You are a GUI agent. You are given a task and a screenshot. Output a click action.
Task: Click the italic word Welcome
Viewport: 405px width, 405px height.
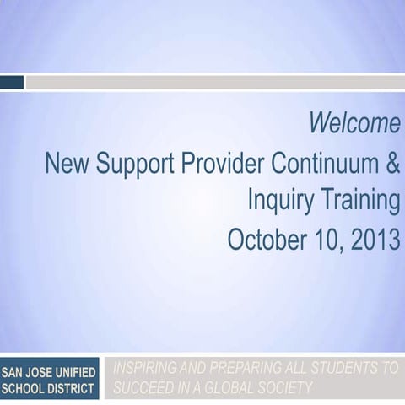click(354, 124)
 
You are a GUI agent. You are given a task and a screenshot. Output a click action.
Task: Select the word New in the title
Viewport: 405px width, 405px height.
click(67, 163)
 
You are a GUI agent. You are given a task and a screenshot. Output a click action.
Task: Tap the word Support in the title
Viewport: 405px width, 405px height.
click(132, 163)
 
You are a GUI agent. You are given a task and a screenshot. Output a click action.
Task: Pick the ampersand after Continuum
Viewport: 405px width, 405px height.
click(393, 163)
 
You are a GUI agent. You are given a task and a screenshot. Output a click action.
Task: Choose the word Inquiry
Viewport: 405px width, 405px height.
click(281, 201)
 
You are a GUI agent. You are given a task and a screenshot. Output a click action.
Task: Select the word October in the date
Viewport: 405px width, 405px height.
click(263, 240)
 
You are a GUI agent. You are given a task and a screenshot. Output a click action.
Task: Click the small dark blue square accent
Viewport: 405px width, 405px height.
click(12, 82)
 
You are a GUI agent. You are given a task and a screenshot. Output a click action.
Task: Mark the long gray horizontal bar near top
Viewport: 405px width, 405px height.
click(215, 82)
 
